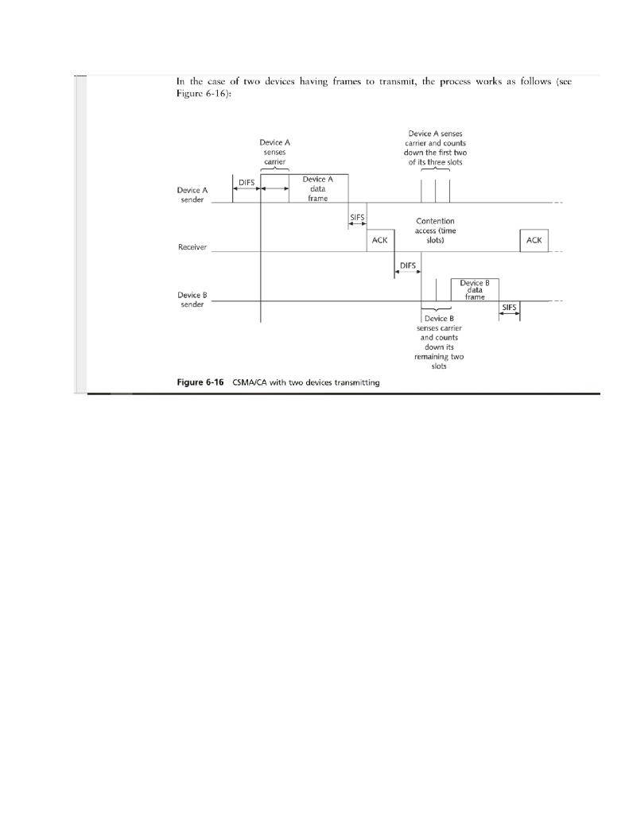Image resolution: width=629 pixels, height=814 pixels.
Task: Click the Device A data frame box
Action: (317, 188)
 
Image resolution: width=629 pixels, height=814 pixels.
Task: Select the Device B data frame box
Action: (475, 289)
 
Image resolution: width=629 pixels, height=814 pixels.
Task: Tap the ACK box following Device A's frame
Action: (380, 240)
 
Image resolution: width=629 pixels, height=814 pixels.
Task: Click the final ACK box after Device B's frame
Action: (534, 240)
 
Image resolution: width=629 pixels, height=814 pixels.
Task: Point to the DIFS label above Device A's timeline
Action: (247, 182)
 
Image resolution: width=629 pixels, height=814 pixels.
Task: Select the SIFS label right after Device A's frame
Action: (357, 216)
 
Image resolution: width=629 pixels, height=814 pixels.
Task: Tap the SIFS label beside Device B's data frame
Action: (510, 306)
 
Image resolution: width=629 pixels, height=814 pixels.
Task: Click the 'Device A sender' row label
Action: (192, 195)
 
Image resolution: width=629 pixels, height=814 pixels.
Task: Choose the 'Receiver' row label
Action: (192, 247)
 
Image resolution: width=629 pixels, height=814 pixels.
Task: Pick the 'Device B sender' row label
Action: (192, 299)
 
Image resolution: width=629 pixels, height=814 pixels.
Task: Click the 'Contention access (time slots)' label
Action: (435, 231)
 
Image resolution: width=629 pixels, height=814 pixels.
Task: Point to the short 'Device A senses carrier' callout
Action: (274, 151)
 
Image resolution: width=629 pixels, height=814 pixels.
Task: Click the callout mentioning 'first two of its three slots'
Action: (435, 147)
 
